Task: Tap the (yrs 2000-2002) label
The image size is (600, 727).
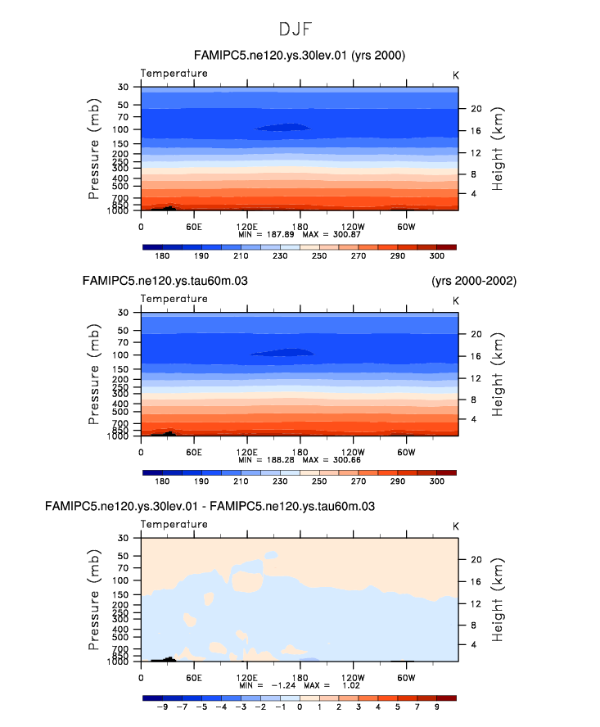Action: coord(474,281)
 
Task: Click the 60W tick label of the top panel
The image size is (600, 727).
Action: coord(405,227)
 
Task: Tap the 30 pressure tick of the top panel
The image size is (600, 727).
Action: coord(124,87)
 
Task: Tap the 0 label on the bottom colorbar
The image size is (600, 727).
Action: coord(300,707)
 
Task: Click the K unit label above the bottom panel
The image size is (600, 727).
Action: coord(456,525)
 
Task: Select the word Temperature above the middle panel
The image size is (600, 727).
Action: coord(174,299)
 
